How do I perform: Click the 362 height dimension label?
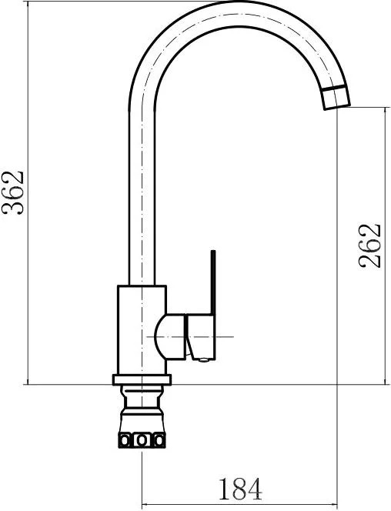point(13,192)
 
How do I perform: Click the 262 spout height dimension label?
point(369,245)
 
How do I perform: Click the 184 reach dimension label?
point(240,489)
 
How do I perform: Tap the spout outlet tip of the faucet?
point(337,98)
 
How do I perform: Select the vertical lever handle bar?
point(213,282)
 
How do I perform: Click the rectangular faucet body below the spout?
point(142,330)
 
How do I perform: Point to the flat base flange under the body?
point(142,379)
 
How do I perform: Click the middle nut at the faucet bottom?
point(142,440)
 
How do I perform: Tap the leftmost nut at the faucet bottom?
point(125,440)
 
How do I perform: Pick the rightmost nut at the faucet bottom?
point(159,440)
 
